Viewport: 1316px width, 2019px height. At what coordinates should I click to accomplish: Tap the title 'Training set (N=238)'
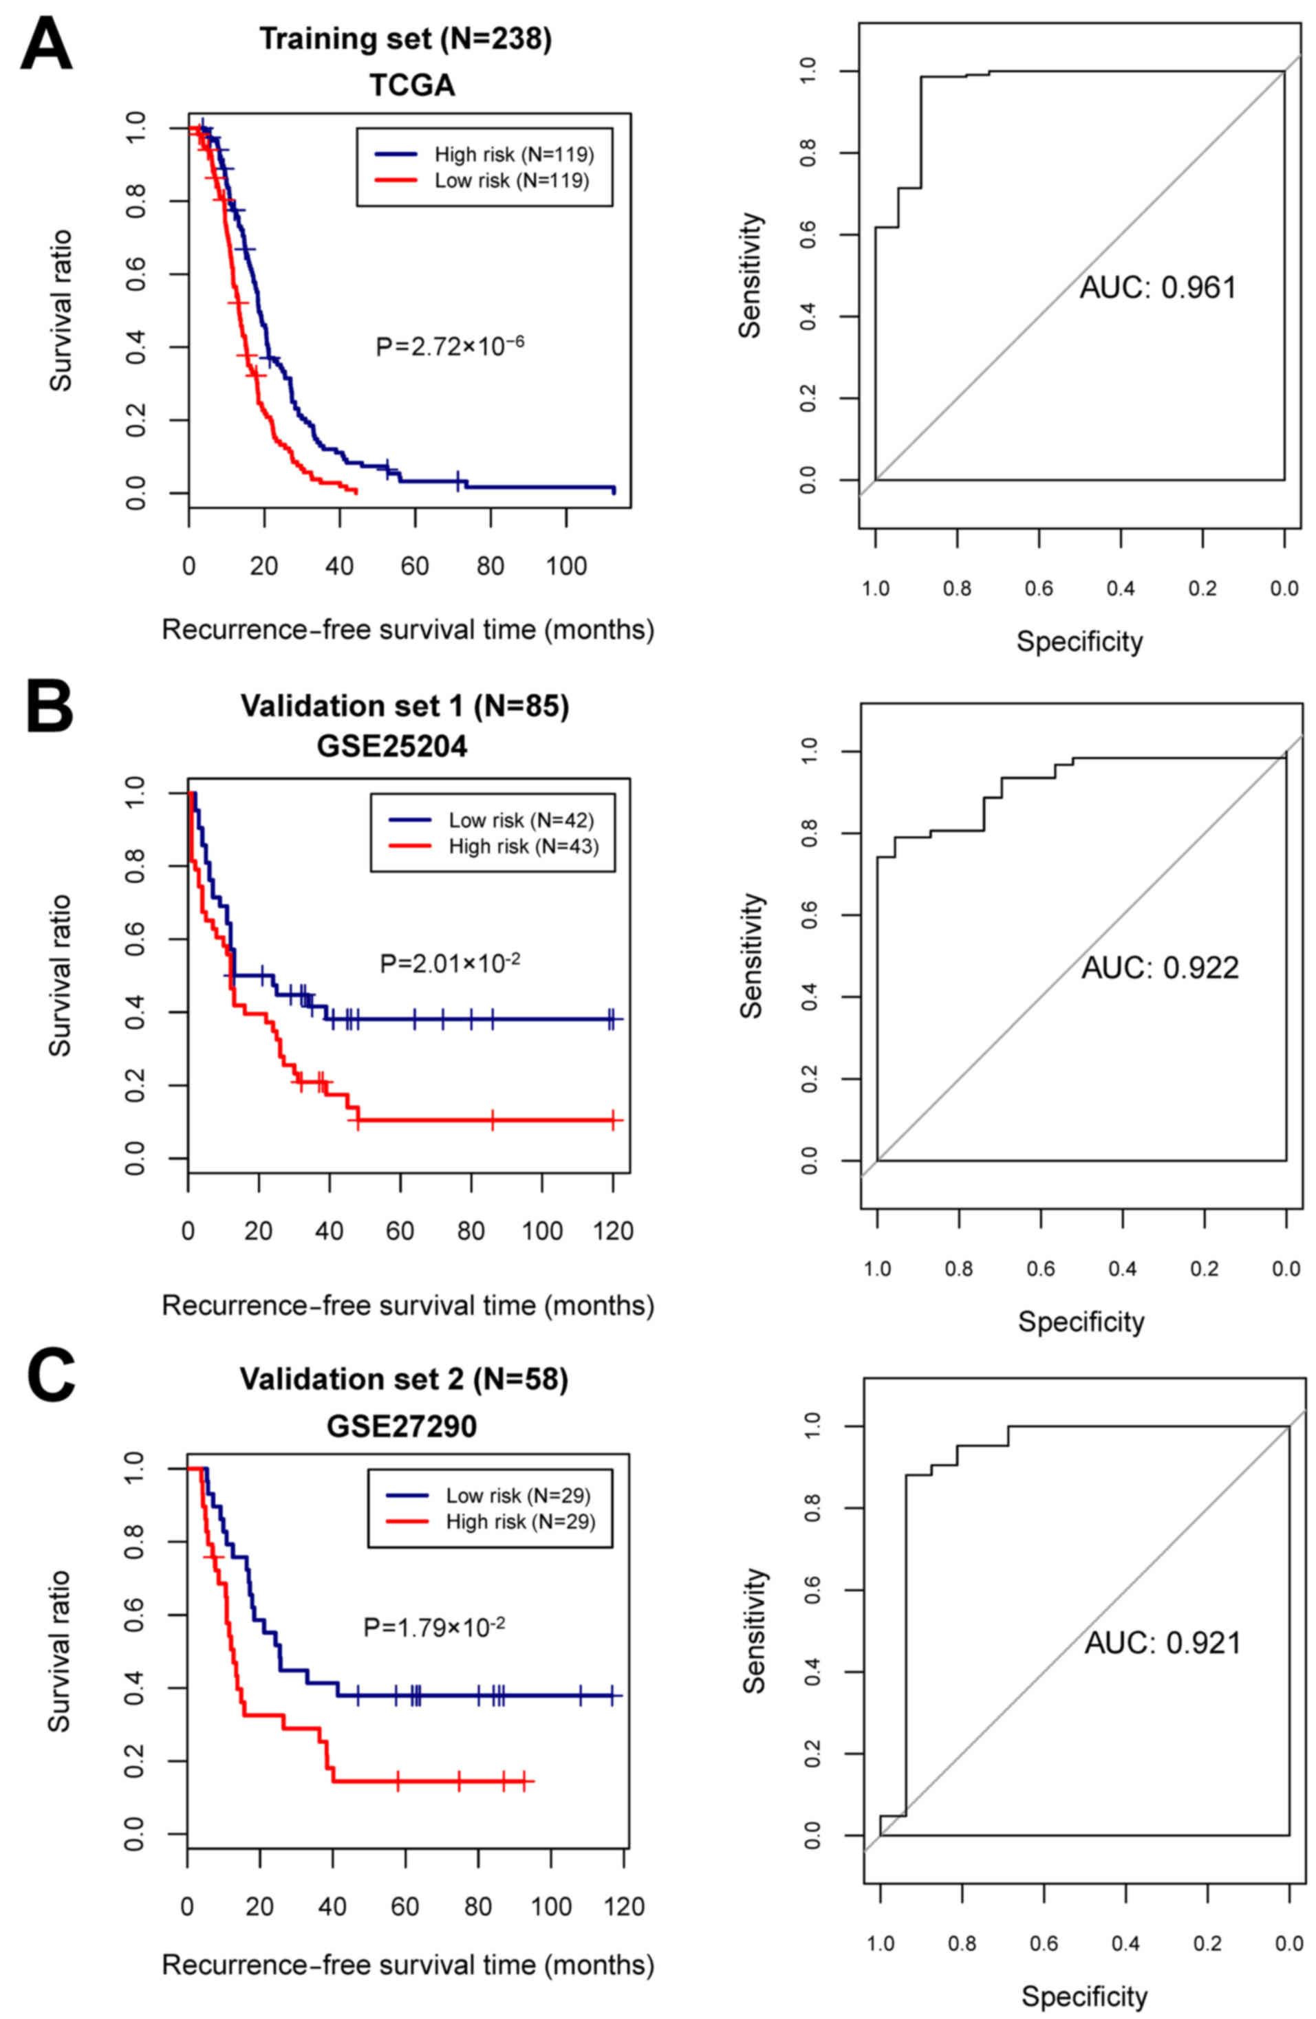point(406,39)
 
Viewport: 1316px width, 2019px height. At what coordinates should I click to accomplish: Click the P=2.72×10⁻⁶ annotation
point(450,345)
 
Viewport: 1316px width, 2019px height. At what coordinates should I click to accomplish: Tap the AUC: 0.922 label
point(1159,968)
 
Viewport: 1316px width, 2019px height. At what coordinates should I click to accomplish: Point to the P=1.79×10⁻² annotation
point(434,1626)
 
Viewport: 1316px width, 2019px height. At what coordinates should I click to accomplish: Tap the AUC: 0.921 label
point(1162,1644)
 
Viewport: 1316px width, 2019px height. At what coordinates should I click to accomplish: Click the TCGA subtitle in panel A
point(411,85)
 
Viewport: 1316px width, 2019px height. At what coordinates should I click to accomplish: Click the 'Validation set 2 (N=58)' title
point(404,1379)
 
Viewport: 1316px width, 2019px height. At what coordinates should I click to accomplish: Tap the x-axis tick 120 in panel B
point(613,1232)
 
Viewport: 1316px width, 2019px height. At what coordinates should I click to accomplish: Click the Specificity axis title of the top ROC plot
point(1079,642)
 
